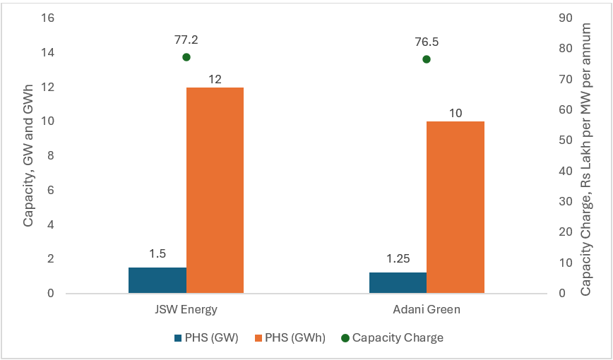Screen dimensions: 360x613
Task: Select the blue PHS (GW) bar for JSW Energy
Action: point(157,280)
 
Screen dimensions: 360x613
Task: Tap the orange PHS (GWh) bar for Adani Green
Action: point(456,207)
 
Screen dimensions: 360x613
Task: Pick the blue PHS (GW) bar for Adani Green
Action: point(398,282)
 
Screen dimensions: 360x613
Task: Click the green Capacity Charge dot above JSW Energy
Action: point(186,57)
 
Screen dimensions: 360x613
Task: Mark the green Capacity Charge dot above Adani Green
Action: point(427,59)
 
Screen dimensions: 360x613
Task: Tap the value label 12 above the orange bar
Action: point(215,79)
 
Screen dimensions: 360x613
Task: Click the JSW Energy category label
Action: point(186,310)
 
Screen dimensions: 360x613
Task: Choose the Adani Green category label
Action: point(427,310)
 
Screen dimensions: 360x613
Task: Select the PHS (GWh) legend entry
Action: point(290,337)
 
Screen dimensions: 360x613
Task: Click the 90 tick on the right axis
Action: point(565,18)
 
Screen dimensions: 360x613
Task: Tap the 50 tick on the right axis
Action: point(565,140)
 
